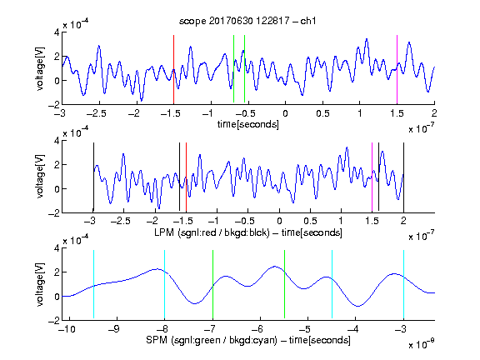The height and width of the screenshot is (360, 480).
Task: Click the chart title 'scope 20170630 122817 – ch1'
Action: coord(247,21)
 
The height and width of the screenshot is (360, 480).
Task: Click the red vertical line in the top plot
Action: coord(173,69)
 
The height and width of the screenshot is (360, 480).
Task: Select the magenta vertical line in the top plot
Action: coord(397,69)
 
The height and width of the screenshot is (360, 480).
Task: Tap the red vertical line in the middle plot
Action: coord(186,177)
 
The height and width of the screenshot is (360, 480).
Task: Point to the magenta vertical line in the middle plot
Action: coord(372,177)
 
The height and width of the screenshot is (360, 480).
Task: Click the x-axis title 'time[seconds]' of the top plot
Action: coord(248,124)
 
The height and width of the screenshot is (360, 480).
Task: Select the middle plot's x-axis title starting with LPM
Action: coord(248,232)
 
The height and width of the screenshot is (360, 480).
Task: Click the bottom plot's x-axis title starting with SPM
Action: coord(248,340)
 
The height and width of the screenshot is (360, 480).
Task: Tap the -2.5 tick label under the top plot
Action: coord(96,113)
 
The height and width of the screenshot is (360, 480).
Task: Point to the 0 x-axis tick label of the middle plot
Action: coord(279,221)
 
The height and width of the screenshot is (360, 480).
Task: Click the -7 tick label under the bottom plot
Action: coord(209,329)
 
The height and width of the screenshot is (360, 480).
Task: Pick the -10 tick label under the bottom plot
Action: coord(67,329)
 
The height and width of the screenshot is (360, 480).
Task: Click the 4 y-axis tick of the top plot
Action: coord(57,32)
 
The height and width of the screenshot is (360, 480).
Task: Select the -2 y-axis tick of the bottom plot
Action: coord(53,321)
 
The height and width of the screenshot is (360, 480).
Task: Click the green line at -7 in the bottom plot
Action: coord(212,284)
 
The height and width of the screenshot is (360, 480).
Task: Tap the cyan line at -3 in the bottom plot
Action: coord(403,284)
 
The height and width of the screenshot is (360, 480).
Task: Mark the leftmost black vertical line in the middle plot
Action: coord(93,177)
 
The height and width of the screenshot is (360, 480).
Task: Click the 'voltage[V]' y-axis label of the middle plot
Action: coord(40,177)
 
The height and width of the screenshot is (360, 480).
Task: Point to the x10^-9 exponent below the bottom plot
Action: coord(422,344)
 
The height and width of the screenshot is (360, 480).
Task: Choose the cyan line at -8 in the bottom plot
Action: coord(165,284)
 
